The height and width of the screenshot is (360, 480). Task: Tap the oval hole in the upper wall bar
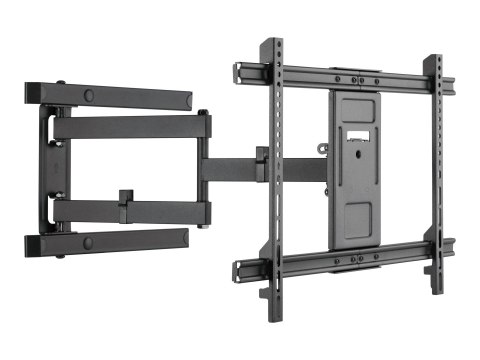point(89,94)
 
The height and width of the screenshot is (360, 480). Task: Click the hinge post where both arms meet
point(204,168)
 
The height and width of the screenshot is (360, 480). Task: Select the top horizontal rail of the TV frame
point(340,76)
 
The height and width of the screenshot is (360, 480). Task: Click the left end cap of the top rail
point(240,71)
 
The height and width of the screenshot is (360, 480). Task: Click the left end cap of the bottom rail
point(240,268)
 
